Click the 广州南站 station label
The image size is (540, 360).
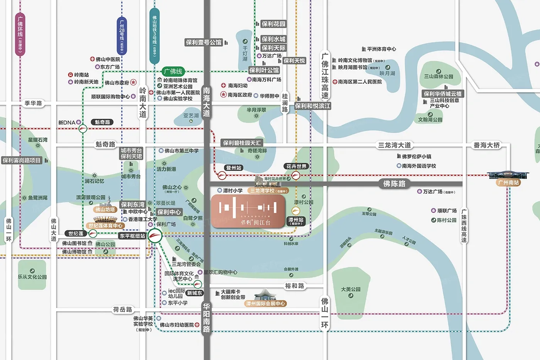[508, 183]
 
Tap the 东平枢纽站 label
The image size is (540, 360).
[132, 236]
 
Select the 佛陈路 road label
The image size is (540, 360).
[394, 184]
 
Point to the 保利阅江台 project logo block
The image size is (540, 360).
[248, 211]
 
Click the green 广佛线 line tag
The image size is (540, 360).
[173, 71]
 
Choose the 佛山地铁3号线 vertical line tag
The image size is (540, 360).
[154, 35]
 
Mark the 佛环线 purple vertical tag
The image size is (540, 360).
[20, 34]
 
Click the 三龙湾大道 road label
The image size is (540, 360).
[394, 145]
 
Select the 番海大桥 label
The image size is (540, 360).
[487, 145]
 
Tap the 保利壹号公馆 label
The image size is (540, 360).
[204, 42]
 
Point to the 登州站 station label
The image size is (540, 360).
[234, 168]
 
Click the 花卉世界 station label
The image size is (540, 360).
[296, 166]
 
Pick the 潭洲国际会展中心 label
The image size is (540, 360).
[266, 304]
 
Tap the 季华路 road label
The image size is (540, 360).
[33, 103]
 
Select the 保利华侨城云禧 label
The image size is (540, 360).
[442, 94]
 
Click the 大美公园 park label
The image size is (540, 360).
[351, 289]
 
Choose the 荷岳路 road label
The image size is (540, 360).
[123, 309]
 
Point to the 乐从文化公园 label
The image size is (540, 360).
[32, 277]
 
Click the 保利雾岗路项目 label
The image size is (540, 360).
[22, 160]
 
